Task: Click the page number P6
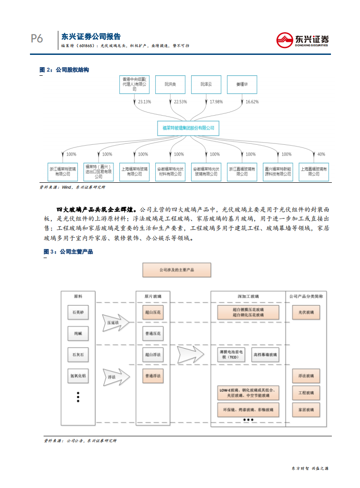(x=37, y=39)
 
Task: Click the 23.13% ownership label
(x=144, y=102)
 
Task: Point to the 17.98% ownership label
(x=216, y=102)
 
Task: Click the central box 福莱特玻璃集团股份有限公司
(x=188, y=128)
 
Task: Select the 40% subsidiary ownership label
(x=321, y=154)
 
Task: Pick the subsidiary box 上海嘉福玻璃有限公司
(x=313, y=171)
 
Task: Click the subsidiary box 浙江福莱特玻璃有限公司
(x=63, y=171)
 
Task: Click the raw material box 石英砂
(x=78, y=312)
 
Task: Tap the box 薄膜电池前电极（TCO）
(x=231, y=354)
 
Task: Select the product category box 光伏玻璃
(x=306, y=312)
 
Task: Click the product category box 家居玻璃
(x=306, y=410)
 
